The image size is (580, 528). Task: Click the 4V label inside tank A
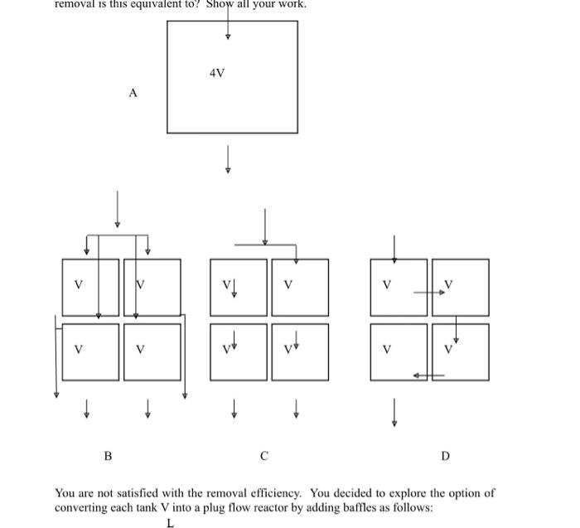pyautogui.click(x=217, y=74)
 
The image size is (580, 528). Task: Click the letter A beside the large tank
pyautogui.click(x=133, y=94)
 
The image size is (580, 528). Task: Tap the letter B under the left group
pyautogui.click(x=108, y=456)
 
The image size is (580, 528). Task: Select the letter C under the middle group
pyautogui.click(x=264, y=456)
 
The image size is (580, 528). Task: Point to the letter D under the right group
pyautogui.click(x=445, y=456)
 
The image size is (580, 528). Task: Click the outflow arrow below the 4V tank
pyautogui.click(x=228, y=159)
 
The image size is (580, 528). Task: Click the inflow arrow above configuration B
pyautogui.click(x=118, y=208)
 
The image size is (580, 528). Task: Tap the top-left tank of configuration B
pyautogui.click(x=89, y=287)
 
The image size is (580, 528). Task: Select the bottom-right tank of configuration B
pyautogui.click(x=152, y=351)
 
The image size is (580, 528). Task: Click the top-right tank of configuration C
pyautogui.click(x=300, y=287)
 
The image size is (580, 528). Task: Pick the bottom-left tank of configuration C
pyautogui.click(x=239, y=351)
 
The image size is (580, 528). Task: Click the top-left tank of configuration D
pyautogui.click(x=399, y=287)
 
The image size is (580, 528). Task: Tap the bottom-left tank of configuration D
pyautogui.click(x=399, y=351)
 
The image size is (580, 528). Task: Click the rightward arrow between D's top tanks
pyautogui.click(x=429, y=293)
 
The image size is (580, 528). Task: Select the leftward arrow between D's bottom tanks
pyautogui.click(x=429, y=375)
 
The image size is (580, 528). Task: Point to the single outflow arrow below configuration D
pyautogui.click(x=394, y=412)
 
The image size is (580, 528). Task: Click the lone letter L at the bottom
pyautogui.click(x=170, y=523)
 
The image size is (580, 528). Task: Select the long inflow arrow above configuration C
pyautogui.click(x=265, y=226)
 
